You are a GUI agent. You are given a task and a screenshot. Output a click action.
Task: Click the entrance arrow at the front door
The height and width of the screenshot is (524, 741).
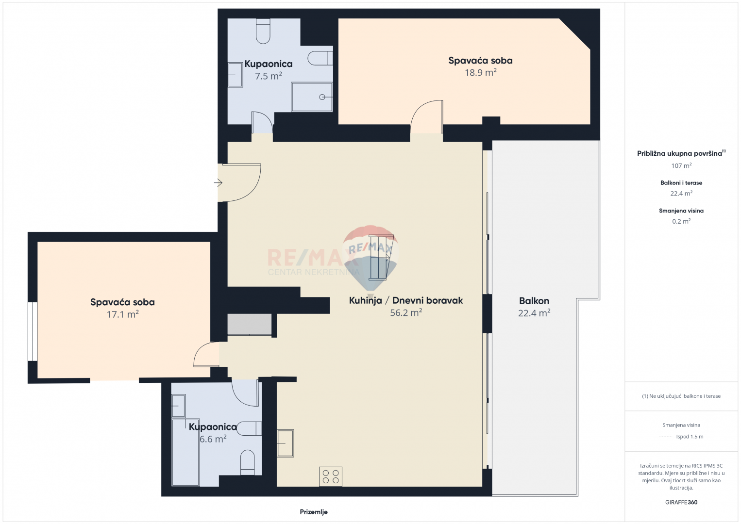(219, 182)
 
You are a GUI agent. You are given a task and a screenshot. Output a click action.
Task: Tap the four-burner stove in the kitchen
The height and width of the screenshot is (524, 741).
(331, 476)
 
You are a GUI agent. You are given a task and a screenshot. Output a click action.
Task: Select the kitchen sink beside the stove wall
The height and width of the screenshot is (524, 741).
(285, 443)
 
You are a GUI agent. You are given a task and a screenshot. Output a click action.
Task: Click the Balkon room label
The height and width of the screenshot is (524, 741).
(534, 301)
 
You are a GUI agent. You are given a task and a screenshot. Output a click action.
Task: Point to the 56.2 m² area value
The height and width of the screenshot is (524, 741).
(406, 312)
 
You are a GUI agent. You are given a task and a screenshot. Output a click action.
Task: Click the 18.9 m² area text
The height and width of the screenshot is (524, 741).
(480, 72)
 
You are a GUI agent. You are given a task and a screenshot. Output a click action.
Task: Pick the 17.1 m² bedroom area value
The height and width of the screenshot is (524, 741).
(122, 314)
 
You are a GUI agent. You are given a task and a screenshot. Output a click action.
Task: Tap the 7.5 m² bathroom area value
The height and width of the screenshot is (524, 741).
(268, 76)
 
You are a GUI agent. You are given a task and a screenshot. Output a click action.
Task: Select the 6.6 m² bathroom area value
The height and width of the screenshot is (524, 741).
(213, 439)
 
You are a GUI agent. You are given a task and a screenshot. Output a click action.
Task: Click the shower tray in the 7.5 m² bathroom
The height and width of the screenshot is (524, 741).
(312, 97)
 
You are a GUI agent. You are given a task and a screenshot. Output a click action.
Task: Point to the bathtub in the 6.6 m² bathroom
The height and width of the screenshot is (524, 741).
(185, 452)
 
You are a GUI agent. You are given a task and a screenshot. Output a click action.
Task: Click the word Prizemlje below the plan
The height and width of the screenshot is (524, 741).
(314, 512)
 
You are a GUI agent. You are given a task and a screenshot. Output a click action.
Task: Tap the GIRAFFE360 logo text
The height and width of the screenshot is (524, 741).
(681, 502)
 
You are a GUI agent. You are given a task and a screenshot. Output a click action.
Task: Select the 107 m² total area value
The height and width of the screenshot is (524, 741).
(681, 165)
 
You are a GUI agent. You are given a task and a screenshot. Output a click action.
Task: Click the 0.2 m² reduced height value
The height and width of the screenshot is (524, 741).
(681, 221)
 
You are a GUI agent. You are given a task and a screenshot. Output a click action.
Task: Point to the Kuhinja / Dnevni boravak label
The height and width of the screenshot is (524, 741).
(406, 300)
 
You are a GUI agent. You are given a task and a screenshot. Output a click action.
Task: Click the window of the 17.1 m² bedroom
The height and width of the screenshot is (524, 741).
(33, 331)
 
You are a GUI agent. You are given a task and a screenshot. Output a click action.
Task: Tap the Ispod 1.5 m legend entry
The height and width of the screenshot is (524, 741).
(690, 437)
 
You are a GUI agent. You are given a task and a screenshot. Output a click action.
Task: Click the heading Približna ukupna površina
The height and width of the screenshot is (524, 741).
(679, 153)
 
